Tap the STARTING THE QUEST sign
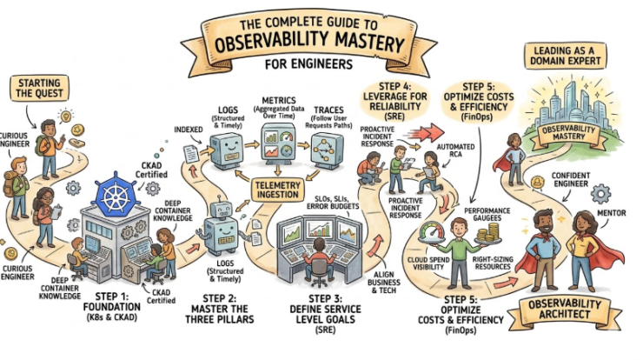pyautogui.click(x=36, y=89)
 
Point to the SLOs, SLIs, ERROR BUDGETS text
pyautogui.click(x=328, y=203)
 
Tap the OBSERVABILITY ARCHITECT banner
pyautogui.click(x=573, y=311)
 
